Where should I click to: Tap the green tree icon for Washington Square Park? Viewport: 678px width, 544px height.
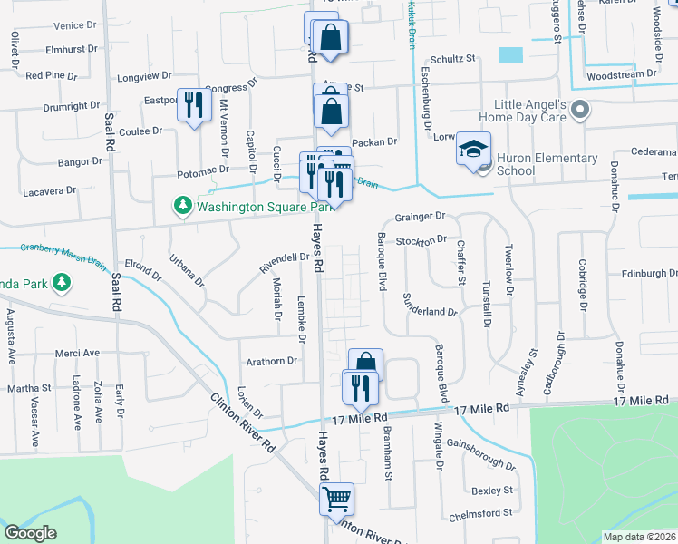183,206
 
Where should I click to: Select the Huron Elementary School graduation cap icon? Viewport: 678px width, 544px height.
473,149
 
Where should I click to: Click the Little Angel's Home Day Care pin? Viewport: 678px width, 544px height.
581,112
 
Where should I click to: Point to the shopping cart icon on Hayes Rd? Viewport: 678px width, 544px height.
336,498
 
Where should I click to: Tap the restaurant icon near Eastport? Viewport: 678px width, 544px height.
193,106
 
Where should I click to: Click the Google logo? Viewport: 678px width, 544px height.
31,533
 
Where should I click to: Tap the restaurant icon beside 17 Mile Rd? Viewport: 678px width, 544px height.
361,388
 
